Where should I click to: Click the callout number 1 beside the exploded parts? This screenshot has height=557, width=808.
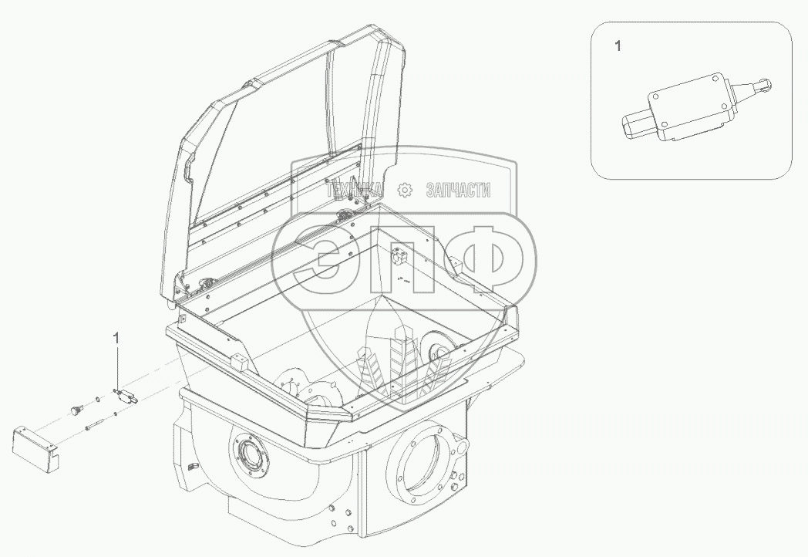tap(116, 339)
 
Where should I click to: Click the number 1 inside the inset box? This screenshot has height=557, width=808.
tap(618, 46)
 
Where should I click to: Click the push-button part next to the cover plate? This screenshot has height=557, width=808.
tap(76, 410)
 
